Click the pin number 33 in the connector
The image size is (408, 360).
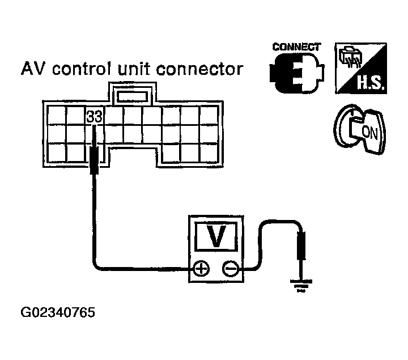tap(94, 117)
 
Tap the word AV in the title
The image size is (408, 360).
tap(32, 69)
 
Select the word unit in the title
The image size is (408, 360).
tap(134, 69)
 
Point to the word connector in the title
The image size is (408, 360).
tap(200, 69)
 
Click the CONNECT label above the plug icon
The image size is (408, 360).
tap(296, 47)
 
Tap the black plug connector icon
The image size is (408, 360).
tap(297, 73)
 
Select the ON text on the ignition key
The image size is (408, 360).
tap(369, 133)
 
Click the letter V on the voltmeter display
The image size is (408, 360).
tap(216, 236)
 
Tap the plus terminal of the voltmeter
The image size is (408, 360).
tap(201, 268)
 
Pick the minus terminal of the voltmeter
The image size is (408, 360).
tap(231, 268)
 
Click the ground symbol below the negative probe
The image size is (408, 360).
tap(301, 286)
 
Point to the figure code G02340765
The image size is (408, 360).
tap(58, 312)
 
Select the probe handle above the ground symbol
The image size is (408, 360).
tap(301, 245)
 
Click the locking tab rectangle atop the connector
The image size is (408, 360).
tap(133, 96)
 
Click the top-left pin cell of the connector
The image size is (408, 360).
tap(57, 115)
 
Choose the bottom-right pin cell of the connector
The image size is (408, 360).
tap(209, 153)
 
